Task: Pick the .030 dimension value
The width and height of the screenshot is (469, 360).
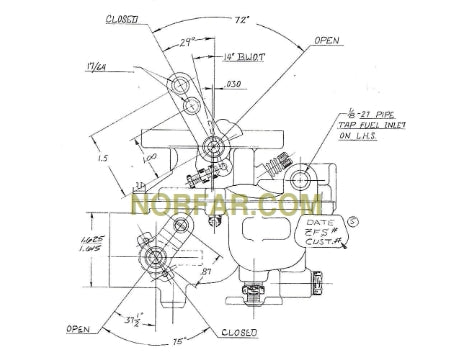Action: click(233, 86)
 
